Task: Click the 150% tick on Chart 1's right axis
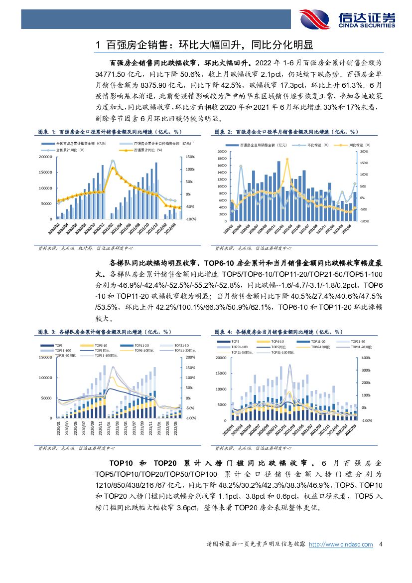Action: click(190, 157)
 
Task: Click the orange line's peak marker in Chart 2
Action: click(287, 159)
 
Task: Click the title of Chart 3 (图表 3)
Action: click(105, 332)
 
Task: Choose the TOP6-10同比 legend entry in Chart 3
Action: click(142, 351)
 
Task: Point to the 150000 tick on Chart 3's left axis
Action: click(46, 357)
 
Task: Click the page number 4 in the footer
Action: click(381, 545)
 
